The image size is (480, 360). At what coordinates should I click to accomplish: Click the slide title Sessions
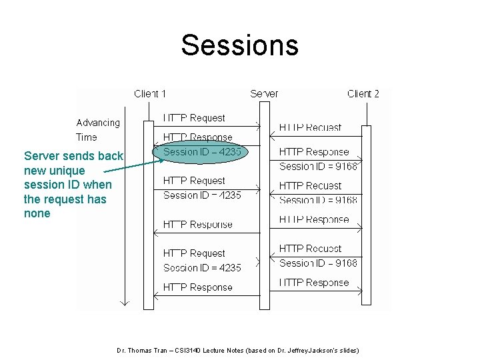pyautogui.click(x=239, y=45)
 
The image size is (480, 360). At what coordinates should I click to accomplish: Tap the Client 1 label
pyautogui.click(x=150, y=93)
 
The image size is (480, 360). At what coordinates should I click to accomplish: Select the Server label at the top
pyautogui.click(x=264, y=93)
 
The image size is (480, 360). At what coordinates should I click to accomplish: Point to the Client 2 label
pyautogui.click(x=363, y=93)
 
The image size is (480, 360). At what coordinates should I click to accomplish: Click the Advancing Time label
pyautogui.click(x=97, y=130)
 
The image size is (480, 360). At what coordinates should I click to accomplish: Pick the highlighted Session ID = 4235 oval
pyautogui.click(x=201, y=152)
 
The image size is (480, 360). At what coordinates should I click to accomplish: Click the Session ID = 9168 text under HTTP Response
pyautogui.click(x=318, y=166)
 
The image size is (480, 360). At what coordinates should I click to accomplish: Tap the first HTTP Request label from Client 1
pyautogui.click(x=194, y=118)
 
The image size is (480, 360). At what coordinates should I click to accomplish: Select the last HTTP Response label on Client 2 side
pyautogui.click(x=313, y=283)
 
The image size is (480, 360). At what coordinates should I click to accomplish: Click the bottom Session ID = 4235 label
pyautogui.click(x=202, y=268)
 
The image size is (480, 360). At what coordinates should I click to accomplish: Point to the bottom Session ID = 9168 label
pyautogui.click(x=318, y=263)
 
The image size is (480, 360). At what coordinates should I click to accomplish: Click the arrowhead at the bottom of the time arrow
pyautogui.click(x=123, y=303)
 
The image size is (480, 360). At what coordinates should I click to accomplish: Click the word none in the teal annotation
pyautogui.click(x=37, y=213)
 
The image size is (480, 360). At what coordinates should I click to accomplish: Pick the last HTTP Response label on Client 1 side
pyautogui.click(x=197, y=287)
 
